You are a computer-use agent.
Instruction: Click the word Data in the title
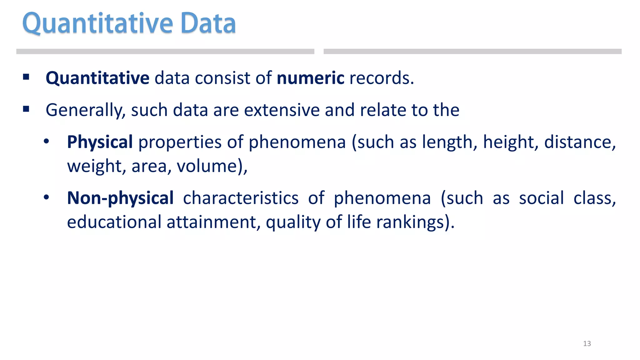pyautogui.click(x=208, y=23)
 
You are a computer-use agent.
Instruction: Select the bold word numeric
pyautogui.click(x=310, y=78)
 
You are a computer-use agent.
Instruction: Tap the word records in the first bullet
pyautogui.click(x=381, y=78)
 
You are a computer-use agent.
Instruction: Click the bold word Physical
pyautogui.click(x=100, y=142)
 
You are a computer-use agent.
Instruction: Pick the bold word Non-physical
pyautogui.click(x=120, y=198)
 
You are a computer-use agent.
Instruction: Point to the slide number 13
pyautogui.click(x=587, y=344)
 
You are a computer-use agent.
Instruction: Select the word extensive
pyautogui.click(x=282, y=110)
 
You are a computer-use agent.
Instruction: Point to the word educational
pyautogui.click(x=114, y=222)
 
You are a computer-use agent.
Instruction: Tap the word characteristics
pyautogui.click(x=241, y=198)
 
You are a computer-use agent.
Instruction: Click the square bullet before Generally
pyautogui.click(x=26, y=109)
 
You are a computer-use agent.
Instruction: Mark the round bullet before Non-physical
pyautogui.click(x=46, y=197)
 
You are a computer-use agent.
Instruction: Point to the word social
pyautogui.click(x=541, y=198)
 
